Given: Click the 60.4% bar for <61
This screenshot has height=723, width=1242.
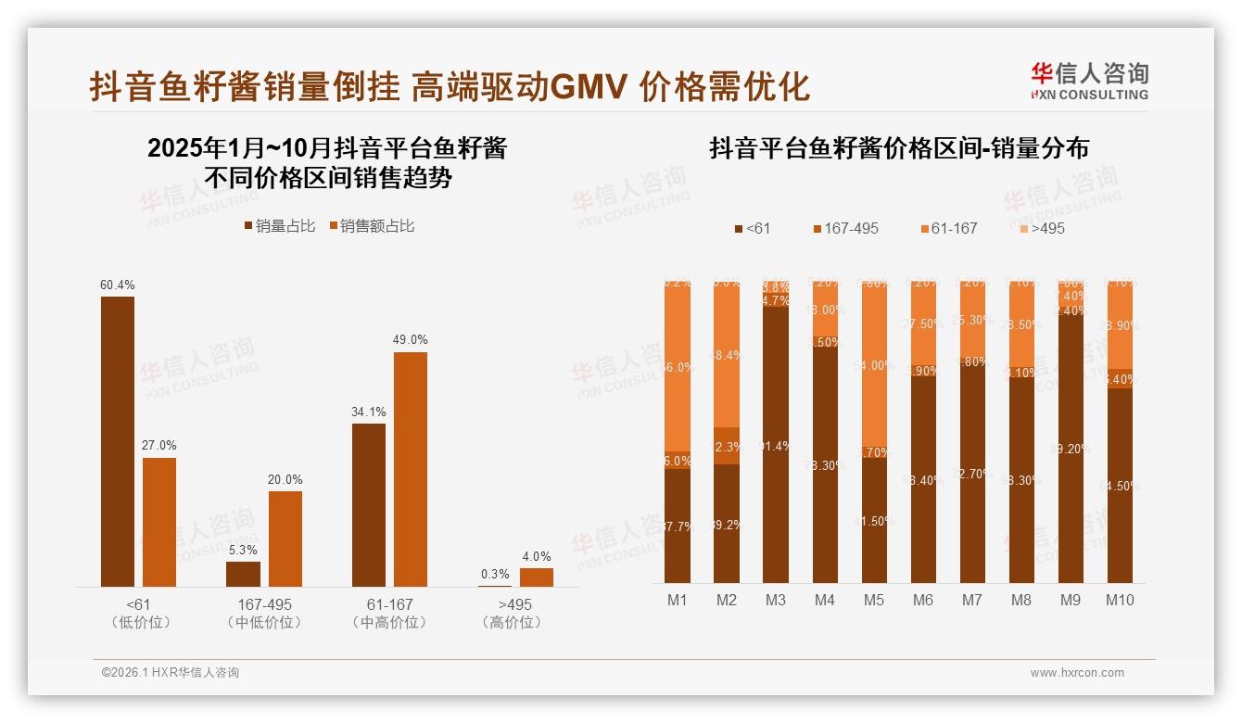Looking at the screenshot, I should pyautogui.click(x=117, y=441).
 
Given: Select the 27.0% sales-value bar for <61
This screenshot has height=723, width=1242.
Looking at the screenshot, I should pyautogui.click(x=158, y=522).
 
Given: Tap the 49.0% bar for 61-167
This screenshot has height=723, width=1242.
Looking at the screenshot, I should pyautogui.click(x=411, y=469).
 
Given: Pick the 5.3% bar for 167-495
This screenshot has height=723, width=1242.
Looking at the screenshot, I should pyautogui.click(x=243, y=574).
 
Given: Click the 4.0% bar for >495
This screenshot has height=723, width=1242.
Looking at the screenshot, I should pyautogui.click(x=536, y=577).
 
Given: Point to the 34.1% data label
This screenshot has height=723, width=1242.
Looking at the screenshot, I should pyautogui.click(x=369, y=412).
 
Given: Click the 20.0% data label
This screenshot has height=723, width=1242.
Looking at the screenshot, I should pyautogui.click(x=285, y=479).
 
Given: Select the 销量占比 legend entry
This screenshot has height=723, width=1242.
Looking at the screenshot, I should pyautogui.click(x=280, y=225).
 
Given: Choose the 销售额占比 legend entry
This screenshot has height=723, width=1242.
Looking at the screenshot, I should pyautogui.click(x=372, y=225).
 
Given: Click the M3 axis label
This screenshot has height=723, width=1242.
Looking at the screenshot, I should pyautogui.click(x=776, y=600).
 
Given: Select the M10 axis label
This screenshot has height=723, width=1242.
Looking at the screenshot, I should pyautogui.click(x=1120, y=600).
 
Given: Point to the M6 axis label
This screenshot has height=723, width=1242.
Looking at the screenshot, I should pyautogui.click(x=923, y=600).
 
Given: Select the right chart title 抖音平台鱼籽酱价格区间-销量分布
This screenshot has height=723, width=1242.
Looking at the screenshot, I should pyautogui.click(x=898, y=148).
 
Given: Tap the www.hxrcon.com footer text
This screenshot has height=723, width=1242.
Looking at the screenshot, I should pyautogui.click(x=1076, y=673).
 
